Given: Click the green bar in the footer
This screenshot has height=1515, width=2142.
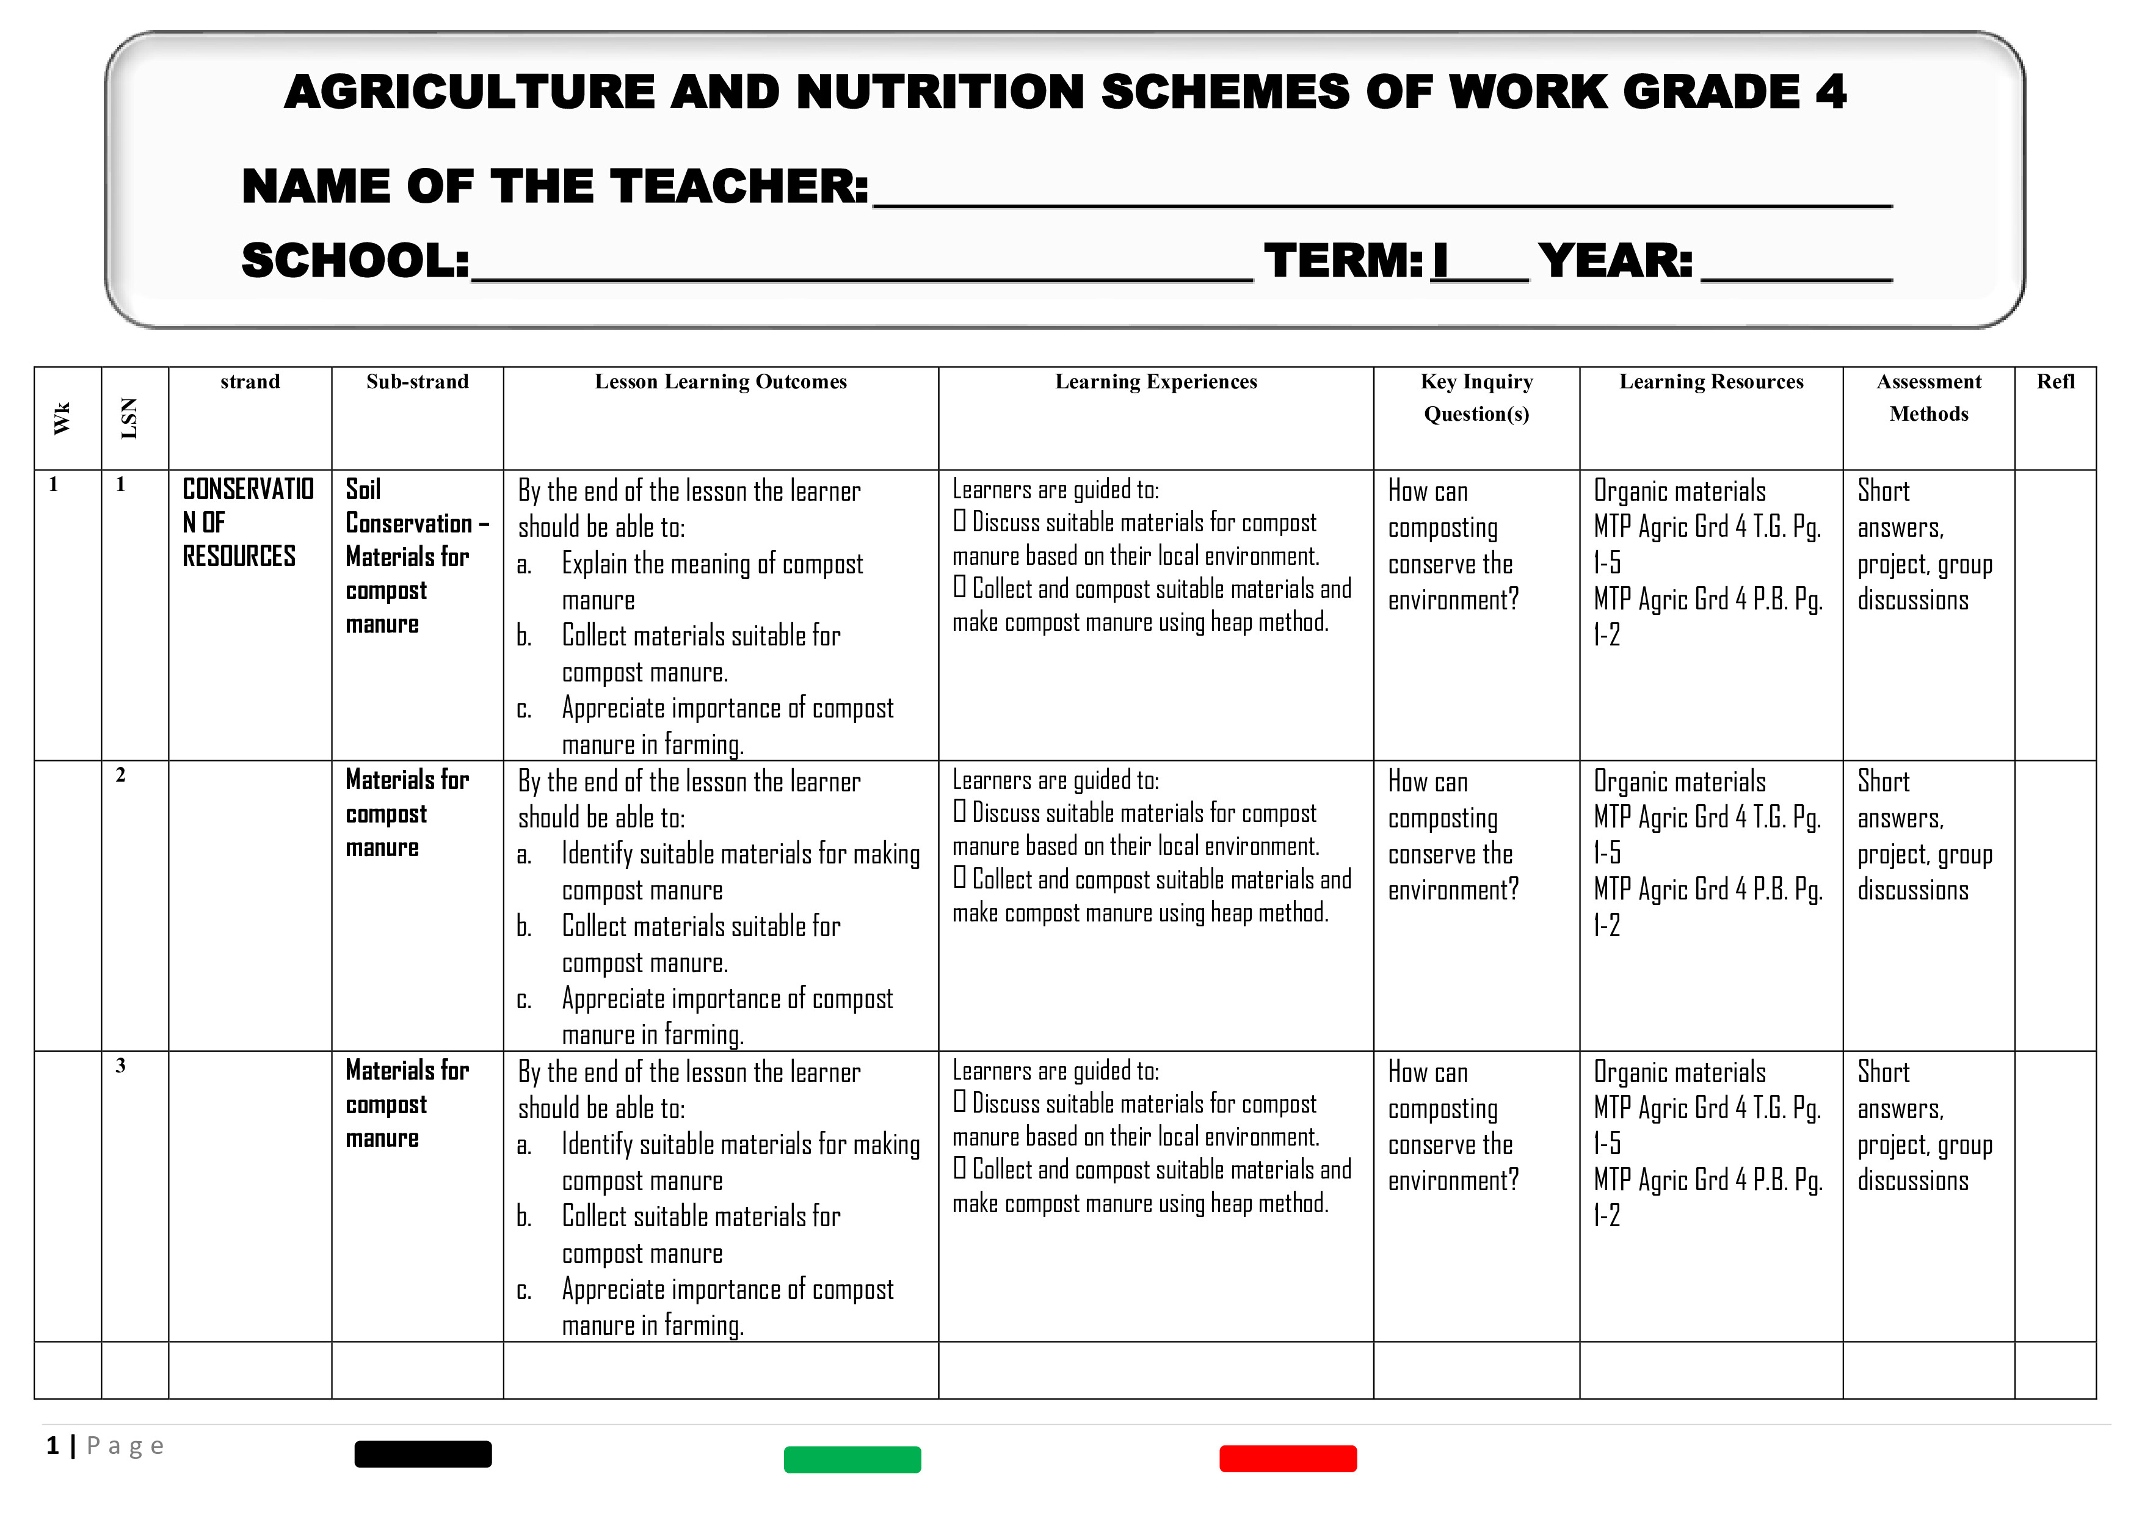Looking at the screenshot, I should pyautogui.click(x=852, y=1459).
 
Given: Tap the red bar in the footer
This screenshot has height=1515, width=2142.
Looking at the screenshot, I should pyautogui.click(x=1287, y=1458).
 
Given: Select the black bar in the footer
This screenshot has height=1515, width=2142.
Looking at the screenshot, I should pyautogui.click(x=423, y=1453).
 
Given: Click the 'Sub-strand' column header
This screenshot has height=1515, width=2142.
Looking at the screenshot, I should pyautogui.click(x=417, y=382).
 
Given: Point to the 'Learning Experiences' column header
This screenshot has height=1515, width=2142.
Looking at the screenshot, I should pyautogui.click(x=1156, y=382).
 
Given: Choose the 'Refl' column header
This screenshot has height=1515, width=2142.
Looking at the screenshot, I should pyautogui.click(x=2055, y=382).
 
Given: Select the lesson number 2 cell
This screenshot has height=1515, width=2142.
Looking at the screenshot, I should pyautogui.click(x=120, y=776).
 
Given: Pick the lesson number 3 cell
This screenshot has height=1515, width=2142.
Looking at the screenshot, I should pyautogui.click(x=120, y=1066).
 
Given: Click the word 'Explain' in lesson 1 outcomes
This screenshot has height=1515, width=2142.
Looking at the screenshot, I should pyautogui.click(x=594, y=564).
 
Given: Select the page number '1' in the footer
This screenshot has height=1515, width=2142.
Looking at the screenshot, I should pyautogui.click(x=53, y=1446).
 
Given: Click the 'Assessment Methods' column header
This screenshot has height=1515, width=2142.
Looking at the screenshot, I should pyautogui.click(x=1928, y=398).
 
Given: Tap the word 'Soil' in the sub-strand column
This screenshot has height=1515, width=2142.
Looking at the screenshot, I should pyautogui.click(x=363, y=490).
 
